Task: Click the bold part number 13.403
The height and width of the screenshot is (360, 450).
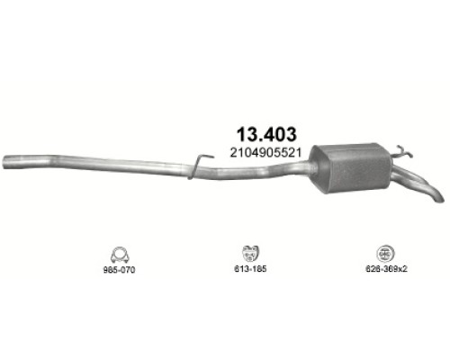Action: click(x=266, y=134)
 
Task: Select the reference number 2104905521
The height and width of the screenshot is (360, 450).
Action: click(x=265, y=153)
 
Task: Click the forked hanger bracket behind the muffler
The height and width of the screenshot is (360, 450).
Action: click(x=402, y=152)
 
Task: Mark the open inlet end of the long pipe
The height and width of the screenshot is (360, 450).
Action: click(x=5, y=162)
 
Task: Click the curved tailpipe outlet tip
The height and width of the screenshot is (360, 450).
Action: click(x=438, y=198)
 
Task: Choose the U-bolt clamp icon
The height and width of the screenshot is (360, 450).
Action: click(x=120, y=256)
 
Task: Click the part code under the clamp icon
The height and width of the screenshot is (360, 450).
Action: click(x=119, y=270)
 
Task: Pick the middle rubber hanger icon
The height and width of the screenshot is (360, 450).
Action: click(x=250, y=254)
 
